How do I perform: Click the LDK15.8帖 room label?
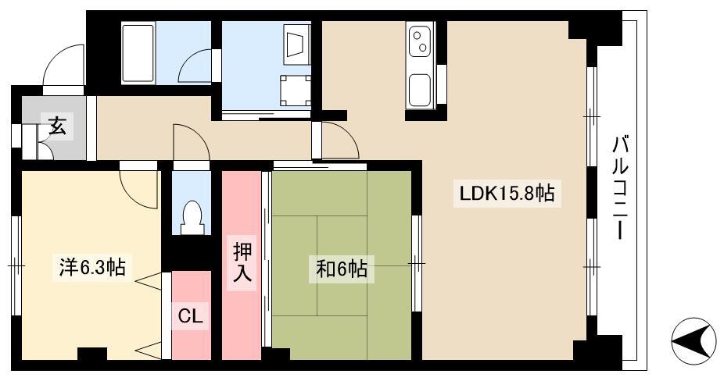click(507, 194)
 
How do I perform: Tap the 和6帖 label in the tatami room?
click(342, 269)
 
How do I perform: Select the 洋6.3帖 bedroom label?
click(92, 267)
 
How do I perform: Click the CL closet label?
click(190, 317)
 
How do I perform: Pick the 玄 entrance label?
click(57, 126)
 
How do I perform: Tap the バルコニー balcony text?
click(621, 187)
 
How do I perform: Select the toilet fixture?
click(192, 217)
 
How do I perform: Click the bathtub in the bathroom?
click(138, 54)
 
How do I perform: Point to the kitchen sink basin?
click(420, 90)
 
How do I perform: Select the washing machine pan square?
click(295, 91)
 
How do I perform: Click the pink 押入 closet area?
click(242, 265)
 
